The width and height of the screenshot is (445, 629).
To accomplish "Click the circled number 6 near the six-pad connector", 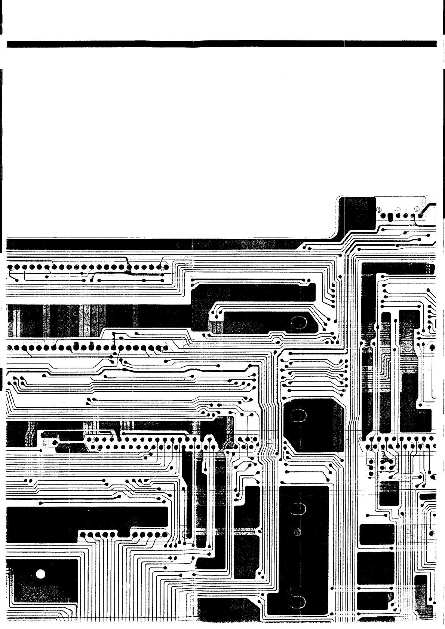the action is point(378,209).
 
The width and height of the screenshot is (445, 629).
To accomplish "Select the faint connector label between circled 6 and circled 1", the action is point(398,209).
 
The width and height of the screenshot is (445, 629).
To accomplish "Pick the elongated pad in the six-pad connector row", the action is point(390,216).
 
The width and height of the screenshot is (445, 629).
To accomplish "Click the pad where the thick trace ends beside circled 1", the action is point(421,216).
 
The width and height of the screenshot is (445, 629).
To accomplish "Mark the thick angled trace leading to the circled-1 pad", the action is point(430,206).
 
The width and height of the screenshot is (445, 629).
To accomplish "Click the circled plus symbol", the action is point(408,348).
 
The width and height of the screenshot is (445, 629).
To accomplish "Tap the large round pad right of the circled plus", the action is point(432,348).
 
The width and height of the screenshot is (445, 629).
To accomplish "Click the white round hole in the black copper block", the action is point(41,574).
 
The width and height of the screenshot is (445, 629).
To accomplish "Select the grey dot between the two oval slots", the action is point(297,531).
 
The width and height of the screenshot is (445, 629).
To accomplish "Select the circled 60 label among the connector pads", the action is point(253,440).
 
